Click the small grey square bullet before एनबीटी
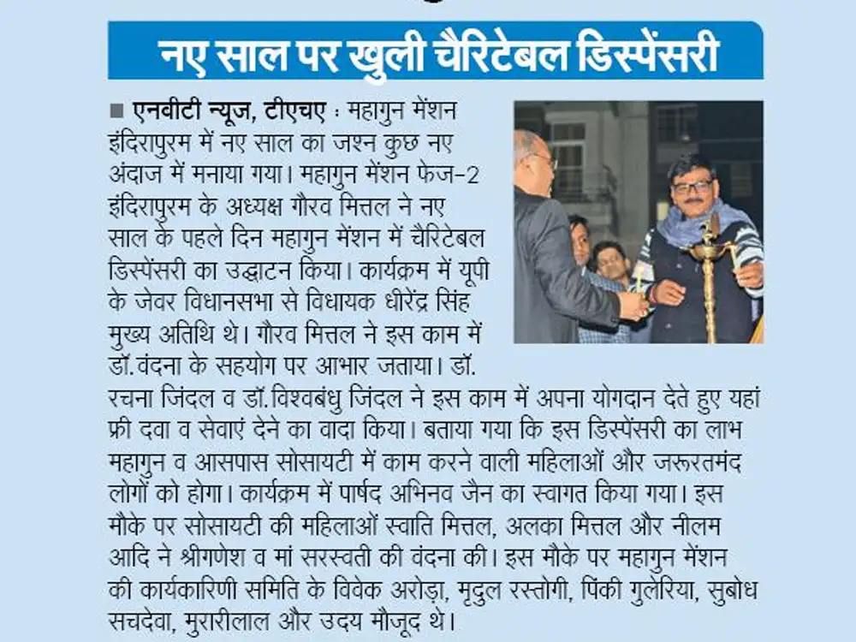(x=116, y=111)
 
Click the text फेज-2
(x=467, y=175)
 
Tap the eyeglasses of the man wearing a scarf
(x=692, y=186)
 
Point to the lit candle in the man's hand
(x=639, y=279)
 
